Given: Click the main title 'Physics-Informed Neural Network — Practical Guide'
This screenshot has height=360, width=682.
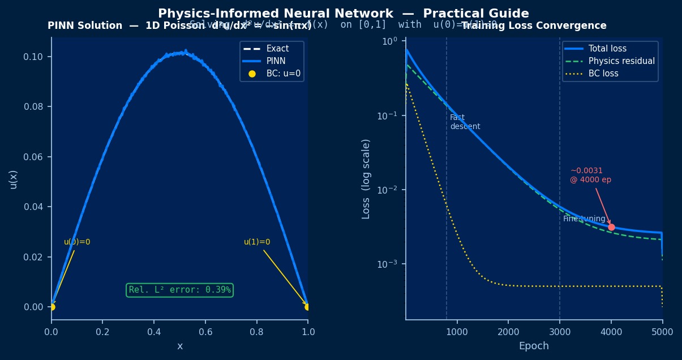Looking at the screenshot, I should (x=343, y=14).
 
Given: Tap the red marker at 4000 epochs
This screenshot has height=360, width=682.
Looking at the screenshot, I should (x=611, y=227).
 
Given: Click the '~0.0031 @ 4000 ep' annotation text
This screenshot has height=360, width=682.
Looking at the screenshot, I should (x=590, y=175).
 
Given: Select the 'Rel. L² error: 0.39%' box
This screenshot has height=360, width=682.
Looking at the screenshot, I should (x=179, y=290).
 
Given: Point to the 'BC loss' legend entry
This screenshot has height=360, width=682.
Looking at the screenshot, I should (x=603, y=74).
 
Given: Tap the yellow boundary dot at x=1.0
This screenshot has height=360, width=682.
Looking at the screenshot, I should (x=307, y=307).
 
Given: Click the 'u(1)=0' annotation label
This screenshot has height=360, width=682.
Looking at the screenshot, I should (x=257, y=242).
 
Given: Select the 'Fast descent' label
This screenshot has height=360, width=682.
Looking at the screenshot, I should (x=465, y=122).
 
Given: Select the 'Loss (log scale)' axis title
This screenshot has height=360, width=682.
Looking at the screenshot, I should (x=366, y=179).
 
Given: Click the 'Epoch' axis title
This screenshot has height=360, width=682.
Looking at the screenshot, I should (x=534, y=346).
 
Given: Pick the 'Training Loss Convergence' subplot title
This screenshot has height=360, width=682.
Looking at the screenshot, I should (x=534, y=26).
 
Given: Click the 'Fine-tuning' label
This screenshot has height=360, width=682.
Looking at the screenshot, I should (x=584, y=219).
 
